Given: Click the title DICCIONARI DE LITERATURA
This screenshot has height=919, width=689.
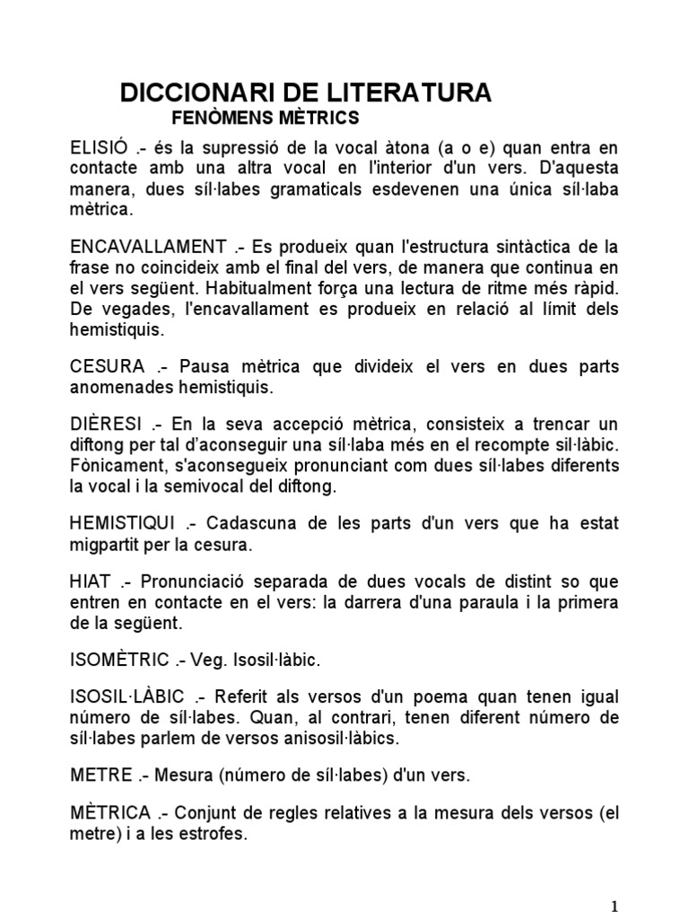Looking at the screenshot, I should click(x=306, y=92).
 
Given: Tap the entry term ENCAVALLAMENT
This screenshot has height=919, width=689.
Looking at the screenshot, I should click(x=148, y=246).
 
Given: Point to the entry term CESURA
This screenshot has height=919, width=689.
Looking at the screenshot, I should click(x=107, y=367).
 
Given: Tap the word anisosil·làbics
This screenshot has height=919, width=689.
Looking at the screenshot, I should click(x=341, y=739).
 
